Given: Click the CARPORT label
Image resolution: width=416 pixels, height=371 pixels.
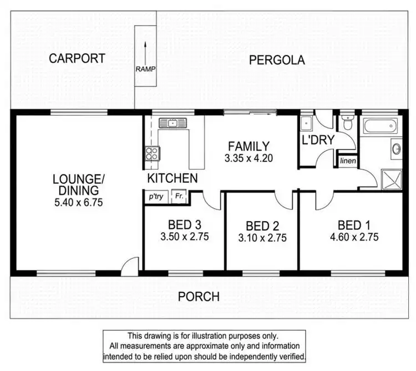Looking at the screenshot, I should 77,58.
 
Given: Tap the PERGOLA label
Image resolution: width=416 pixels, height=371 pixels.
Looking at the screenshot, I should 277,60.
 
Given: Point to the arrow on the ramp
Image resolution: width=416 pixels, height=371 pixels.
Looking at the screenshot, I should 145,51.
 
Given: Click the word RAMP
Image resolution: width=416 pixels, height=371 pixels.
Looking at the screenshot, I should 145,69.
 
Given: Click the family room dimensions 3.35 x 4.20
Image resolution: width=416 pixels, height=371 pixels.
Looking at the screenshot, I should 249,158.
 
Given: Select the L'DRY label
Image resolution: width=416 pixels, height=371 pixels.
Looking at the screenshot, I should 318,140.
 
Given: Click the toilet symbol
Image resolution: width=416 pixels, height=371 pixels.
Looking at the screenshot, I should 347,122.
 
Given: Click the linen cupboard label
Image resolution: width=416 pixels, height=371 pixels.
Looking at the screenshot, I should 348,161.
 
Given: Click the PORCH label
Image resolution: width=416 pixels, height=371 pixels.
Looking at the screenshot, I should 199,296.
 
